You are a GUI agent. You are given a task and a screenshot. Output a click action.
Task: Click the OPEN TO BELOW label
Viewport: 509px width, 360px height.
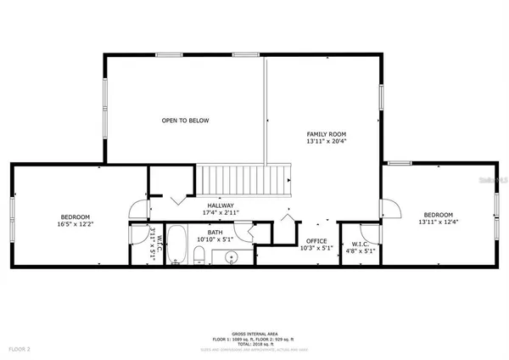point(185,121)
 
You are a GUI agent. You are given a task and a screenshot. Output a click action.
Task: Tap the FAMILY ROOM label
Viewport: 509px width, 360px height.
point(326,134)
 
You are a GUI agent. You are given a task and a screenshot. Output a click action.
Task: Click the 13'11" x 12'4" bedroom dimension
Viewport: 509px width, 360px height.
point(439,222)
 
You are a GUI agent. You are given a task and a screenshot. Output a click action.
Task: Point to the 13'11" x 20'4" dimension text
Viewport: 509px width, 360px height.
point(326,143)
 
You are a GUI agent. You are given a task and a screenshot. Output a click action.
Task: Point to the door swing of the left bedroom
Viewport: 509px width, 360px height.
point(136,209)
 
